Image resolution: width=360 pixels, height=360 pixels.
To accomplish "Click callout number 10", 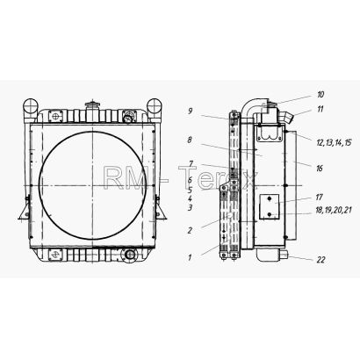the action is click(320, 95).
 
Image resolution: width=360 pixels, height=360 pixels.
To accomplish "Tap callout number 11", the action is click(320, 109).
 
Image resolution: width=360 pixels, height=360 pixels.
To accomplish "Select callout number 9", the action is click(190, 112).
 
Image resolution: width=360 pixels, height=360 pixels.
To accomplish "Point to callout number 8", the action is click(190, 140).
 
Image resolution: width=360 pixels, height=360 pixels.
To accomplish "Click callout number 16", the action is click(320, 169).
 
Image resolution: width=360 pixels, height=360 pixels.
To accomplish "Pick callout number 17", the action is click(319, 198).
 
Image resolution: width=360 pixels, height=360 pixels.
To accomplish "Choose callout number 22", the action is click(320, 260).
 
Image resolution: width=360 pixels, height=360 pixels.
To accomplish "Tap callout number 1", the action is click(190, 258).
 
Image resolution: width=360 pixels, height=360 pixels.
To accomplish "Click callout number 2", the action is click(190, 230).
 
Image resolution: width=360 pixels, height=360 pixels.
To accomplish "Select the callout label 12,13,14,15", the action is click(334, 143).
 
